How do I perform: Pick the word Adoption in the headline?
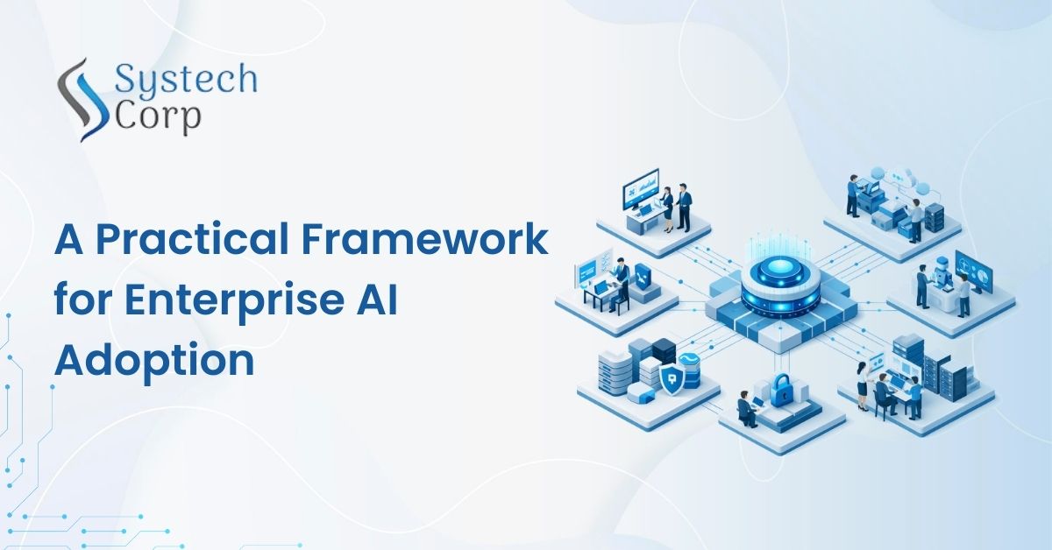[154, 360]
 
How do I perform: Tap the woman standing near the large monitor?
[667, 205]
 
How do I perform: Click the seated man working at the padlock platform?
[747, 408]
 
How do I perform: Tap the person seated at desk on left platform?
[620, 279]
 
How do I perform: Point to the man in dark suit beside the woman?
[683, 206]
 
